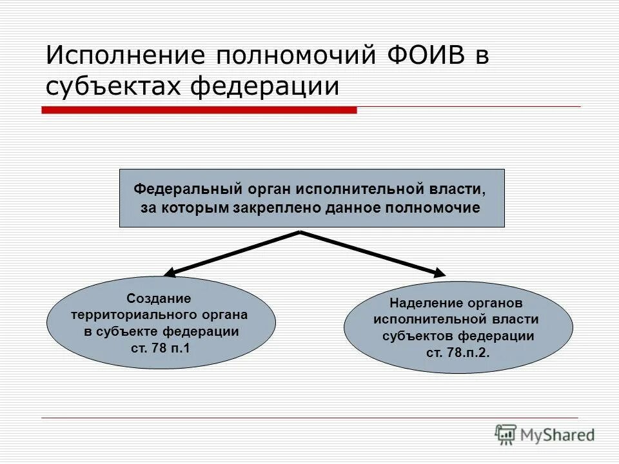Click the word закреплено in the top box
click(280, 208)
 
